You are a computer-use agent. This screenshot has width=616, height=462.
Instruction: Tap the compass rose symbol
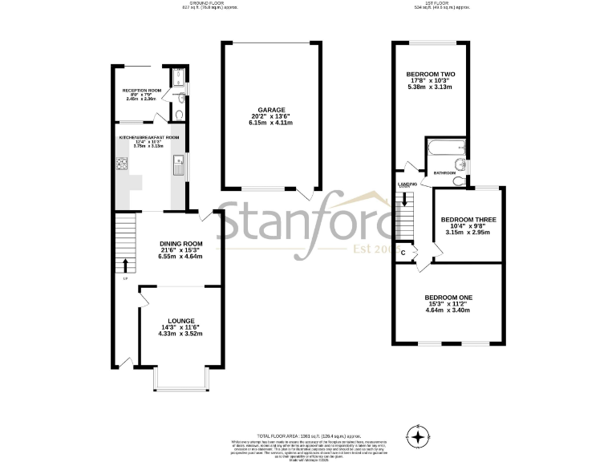click(418, 438)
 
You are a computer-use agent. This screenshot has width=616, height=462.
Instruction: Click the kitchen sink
click(176, 167)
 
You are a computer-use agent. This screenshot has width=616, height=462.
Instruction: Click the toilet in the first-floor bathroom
click(457, 180)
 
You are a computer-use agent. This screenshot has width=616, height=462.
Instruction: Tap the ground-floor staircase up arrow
click(124, 265)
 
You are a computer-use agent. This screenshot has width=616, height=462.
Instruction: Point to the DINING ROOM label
click(180, 244)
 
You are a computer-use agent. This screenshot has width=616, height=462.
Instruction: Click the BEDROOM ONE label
click(448, 298)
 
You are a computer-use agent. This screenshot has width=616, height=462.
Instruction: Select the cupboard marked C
click(403, 253)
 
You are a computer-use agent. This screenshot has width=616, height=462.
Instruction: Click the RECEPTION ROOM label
click(142, 91)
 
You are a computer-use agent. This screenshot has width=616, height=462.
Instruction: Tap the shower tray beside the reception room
click(178, 78)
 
